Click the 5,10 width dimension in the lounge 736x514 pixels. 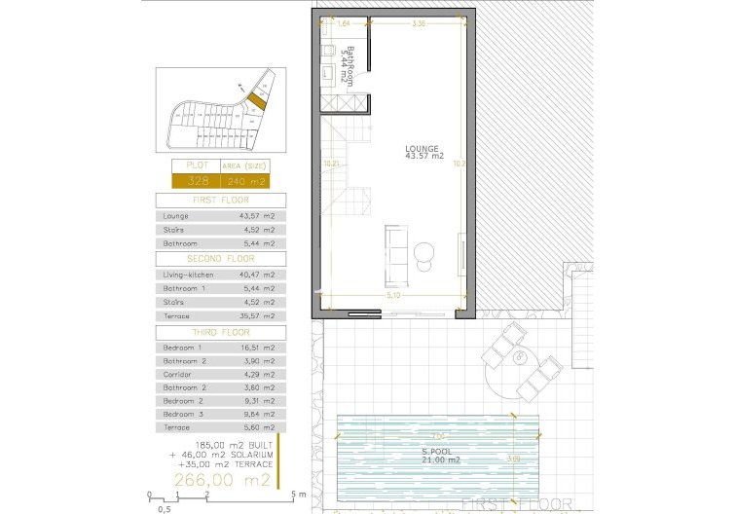pyautogui.click(x=392, y=293)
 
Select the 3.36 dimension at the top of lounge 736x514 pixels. pyautogui.click(x=418, y=23)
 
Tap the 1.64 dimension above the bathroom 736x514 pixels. pyautogui.click(x=343, y=23)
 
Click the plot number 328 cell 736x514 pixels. pyautogui.click(x=196, y=181)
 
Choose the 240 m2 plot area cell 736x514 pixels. pyautogui.click(x=243, y=181)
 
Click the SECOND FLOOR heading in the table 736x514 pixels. pyautogui.click(x=220, y=259)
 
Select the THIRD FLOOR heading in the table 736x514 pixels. pyautogui.click(x=220, y=332)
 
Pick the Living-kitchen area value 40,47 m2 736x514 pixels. pyautogui.click(x=256, y=275)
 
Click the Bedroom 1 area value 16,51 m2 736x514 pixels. pyautogui.click(x=256, y=348)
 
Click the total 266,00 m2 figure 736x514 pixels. pyautogui.click(x=221, y=480)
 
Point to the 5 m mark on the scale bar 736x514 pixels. pyautogui.click(x=305, y=496)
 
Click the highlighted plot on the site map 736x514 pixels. pyautogui.click(x=255, y=98)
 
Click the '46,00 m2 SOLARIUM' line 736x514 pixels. pyautogui.click(x=221, y=455)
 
